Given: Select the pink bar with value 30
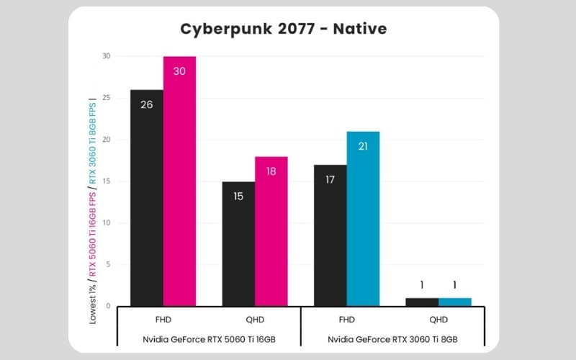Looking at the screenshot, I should point(179,180).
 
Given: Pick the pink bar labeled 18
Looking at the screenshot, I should point(271,230).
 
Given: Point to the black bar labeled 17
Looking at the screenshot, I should point(330,235).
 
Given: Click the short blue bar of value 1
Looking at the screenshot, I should point(454,302).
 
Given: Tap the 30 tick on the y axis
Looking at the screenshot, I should point(106,56).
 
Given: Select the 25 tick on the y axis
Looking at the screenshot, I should point(106,98).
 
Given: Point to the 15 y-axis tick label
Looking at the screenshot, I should point(106,181).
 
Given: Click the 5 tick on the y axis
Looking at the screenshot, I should point(107,265).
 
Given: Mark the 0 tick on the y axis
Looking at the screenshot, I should point(107,307).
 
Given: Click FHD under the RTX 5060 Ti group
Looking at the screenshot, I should point(163,320).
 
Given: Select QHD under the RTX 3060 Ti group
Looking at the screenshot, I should point(438,320).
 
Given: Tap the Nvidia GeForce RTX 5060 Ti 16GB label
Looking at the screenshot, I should point(208,338).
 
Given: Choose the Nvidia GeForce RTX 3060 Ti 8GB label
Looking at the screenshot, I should point(392,338).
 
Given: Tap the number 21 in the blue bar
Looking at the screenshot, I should point(363,147).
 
